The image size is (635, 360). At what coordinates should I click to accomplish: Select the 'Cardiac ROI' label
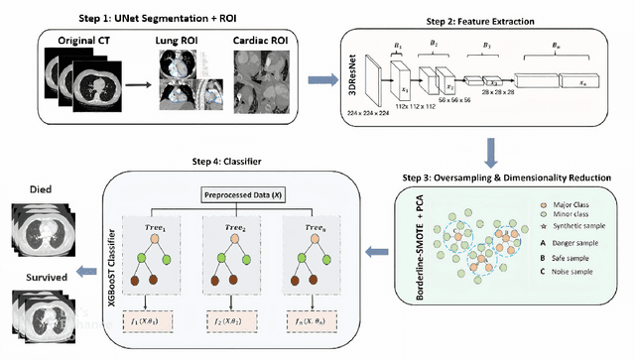click(260, 41)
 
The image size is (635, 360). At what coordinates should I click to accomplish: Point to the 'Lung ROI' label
click(178, 41)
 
